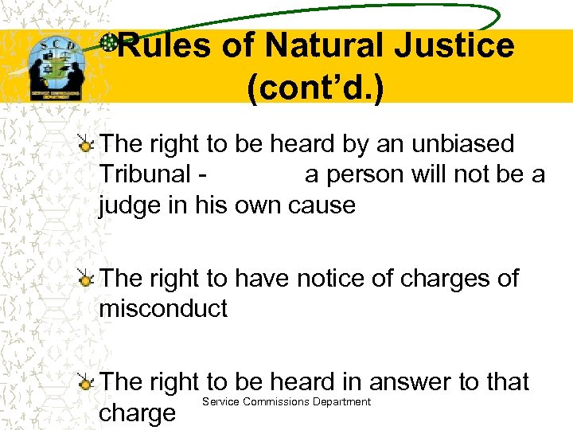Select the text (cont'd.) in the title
coord(315,89)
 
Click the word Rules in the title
coord(166,46)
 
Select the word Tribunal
coord(145,174)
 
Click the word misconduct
coord(163,309)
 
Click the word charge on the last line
coord(136,413)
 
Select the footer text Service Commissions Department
coord(286,401)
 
